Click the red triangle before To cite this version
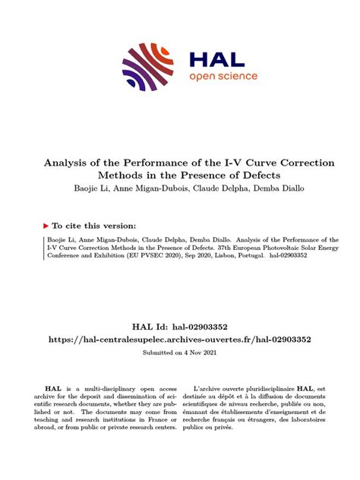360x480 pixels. click(x=46, y=226)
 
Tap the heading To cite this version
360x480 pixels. click(x=95, y=226)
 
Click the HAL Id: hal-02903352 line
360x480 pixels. click(x=180, y=327)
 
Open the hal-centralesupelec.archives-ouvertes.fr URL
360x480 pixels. click(x=180, y=340)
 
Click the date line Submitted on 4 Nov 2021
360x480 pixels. click(x=180, y=353)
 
